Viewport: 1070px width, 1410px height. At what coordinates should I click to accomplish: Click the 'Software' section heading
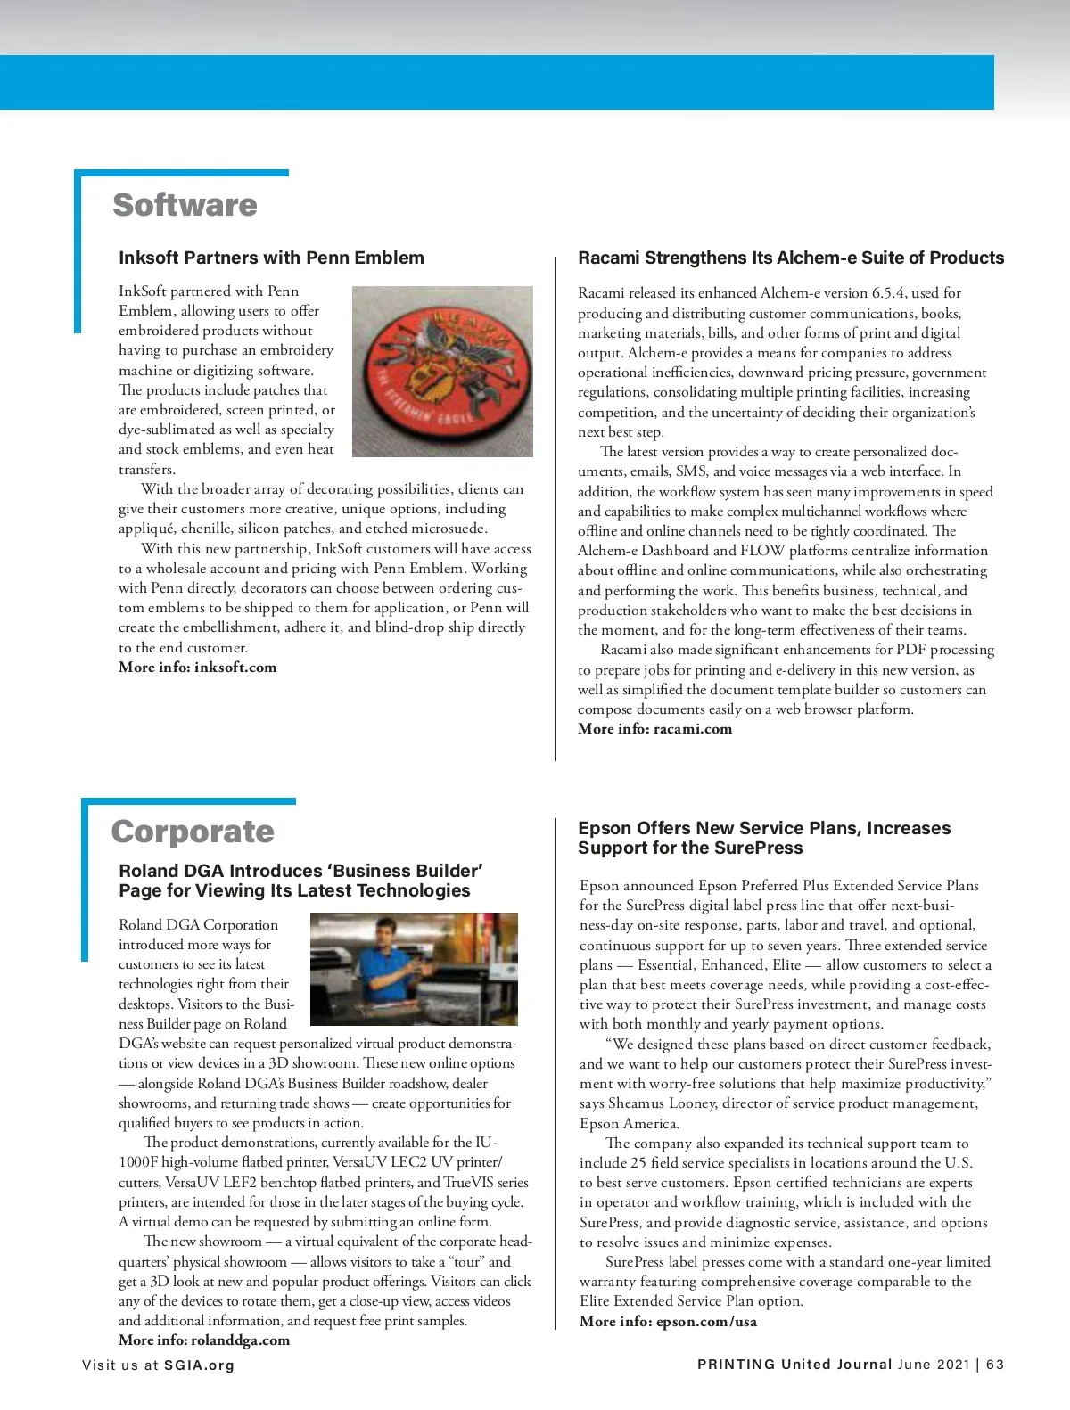point(185,205)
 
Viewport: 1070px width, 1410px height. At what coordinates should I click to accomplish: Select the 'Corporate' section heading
point(193,832)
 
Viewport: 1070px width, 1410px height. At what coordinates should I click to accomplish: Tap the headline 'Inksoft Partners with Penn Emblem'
point(271,258)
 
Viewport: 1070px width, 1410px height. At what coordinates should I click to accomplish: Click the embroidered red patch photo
point(442,371)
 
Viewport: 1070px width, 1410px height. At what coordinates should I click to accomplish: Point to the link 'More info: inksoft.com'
point(197,668)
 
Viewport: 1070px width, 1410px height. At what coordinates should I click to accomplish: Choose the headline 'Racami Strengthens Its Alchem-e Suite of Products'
point(791,258)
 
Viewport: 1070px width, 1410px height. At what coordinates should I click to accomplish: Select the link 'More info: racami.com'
point(654,729)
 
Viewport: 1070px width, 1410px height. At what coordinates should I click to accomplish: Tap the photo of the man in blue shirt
point(414,969)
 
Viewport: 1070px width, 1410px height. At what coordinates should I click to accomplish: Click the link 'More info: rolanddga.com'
point(204,1340)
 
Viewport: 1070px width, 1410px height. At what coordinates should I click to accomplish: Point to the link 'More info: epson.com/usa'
point(668,1322)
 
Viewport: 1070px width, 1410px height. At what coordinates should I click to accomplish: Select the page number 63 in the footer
point(995,1365)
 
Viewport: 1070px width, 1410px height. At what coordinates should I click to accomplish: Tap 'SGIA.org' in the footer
point(199,1365)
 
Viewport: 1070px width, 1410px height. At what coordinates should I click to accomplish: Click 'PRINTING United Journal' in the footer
point(794,1365)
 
